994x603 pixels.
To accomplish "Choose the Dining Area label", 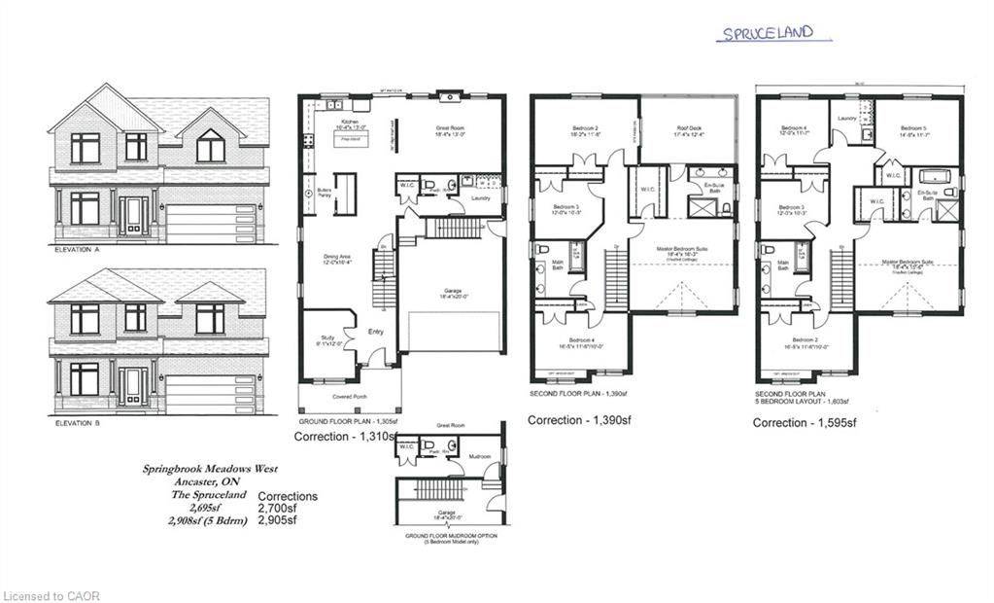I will (x=337, y=258).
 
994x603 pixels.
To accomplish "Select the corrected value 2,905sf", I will (x=278, y=520).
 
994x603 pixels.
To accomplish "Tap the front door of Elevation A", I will (x=135, y=217).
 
